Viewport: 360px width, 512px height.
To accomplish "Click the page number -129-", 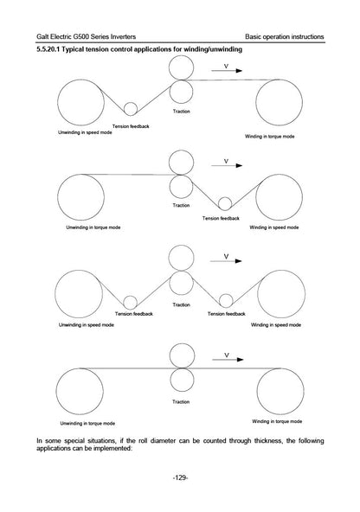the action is coord(180,477).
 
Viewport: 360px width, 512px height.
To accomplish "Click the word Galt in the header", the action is coord(42,36).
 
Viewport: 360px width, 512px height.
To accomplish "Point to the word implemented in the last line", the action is coord(112,448).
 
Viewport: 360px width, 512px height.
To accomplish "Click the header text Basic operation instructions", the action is coord(285,36).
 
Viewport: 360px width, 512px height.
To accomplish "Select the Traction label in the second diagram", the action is coord(182,205).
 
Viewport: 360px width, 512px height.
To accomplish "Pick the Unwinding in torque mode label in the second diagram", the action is coord(93,227).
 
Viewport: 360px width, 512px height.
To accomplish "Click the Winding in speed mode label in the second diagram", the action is coord(274,227).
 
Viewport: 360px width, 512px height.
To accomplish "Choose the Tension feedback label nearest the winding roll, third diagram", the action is coord(227,314).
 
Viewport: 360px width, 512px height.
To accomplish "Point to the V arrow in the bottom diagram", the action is coord(228,360).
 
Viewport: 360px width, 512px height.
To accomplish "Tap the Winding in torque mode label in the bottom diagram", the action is coord(277,421).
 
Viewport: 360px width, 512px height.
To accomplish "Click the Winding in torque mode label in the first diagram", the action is coord(270,137).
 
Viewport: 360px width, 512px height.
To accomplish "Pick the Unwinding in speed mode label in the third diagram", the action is coord(87,325).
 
